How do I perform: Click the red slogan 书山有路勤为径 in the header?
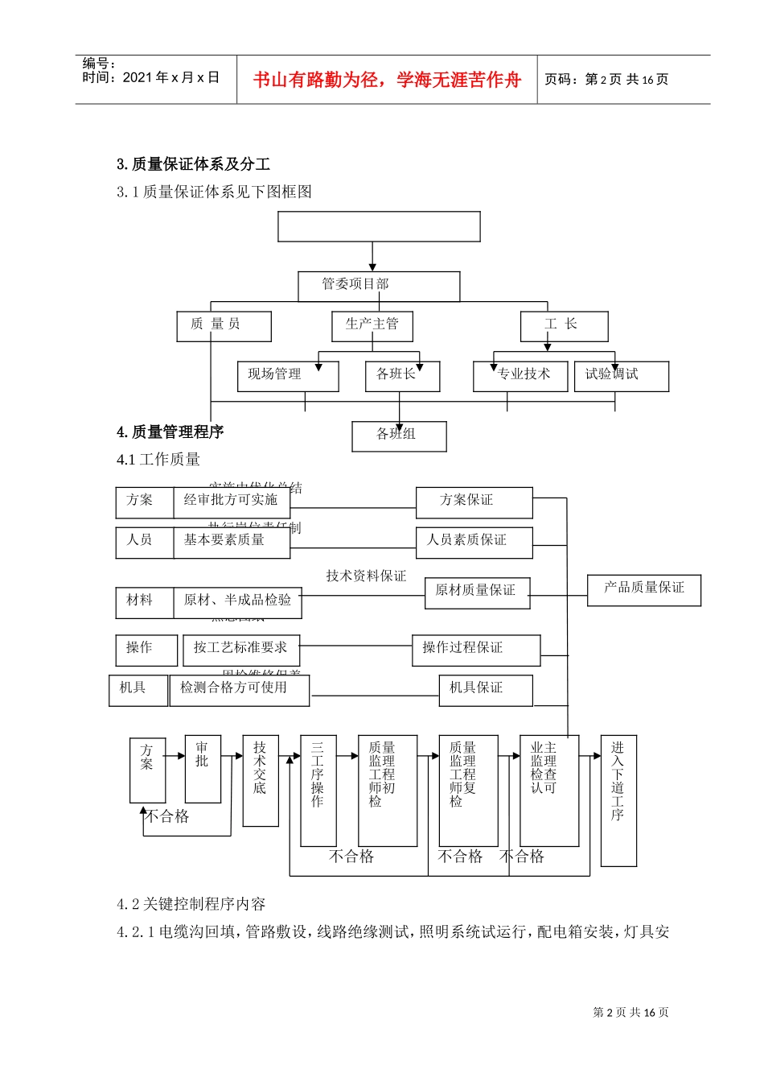tap(387, 80)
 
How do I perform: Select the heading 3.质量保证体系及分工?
tap(193, 164)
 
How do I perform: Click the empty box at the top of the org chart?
tap(379, 227)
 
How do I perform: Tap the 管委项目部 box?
tap(379, 286)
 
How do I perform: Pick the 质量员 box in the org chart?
tap(224, 326)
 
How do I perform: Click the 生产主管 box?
tap(372, 326)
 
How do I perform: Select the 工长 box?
tap(564, 326)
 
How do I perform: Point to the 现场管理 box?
tap(287, 376)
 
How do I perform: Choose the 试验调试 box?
tap(621, 376)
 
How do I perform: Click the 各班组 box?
tap(399, 436)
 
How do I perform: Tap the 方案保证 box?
tap(474, 502)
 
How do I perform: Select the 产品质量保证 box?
tap(643, 589)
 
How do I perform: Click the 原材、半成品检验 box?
tap(237, 602)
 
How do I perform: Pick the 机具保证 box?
tap(485, 690)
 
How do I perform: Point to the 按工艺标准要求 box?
tap(240, 650)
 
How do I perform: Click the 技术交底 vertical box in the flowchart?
tap(261, 779)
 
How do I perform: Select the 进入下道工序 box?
tap(618, 799)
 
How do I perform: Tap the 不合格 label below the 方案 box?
tap(167, 816)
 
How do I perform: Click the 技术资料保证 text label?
tap(366, 576)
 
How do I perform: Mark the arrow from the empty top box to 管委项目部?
tap(372, 256)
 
